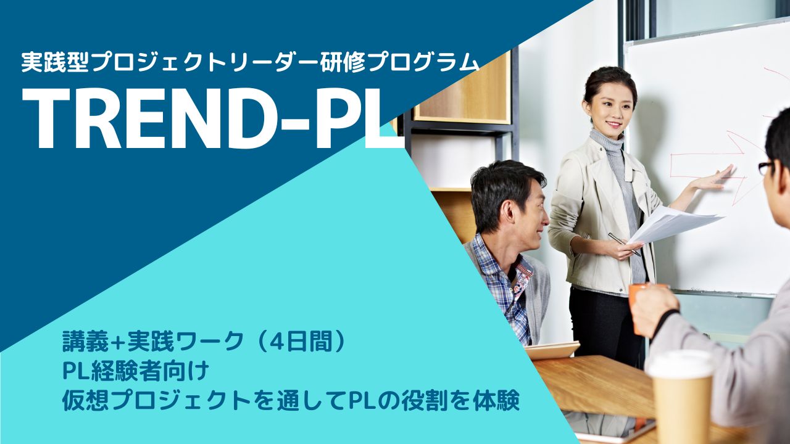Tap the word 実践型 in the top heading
pos(55,62)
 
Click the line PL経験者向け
pos(136,371)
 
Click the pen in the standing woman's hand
pos(623,244)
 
